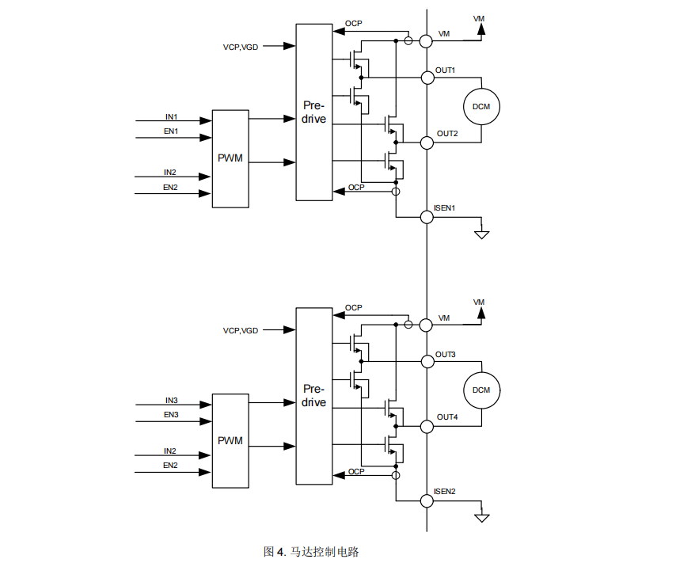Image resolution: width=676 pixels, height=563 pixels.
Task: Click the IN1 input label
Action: pos(171,117)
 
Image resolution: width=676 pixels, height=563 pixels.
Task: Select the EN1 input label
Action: pos(171,131)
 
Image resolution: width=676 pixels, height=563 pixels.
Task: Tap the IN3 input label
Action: pos(172,400)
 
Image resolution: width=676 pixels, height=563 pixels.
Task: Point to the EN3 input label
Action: pos(171,414)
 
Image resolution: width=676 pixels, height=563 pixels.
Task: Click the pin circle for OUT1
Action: pos(427,77)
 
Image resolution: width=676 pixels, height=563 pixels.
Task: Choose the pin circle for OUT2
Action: pos(427,143)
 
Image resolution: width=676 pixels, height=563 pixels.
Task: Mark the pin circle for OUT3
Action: pos(427,361)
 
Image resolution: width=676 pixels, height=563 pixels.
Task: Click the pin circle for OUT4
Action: pos(427,426)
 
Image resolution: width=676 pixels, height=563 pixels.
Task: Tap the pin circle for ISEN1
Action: pos(427,216)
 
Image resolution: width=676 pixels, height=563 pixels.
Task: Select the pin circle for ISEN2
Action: pos(427,500)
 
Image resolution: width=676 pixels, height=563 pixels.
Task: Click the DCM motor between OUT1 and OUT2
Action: pos(481,107)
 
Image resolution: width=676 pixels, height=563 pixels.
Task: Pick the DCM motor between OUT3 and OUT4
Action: pos(481,390)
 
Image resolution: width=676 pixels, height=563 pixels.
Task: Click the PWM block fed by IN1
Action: pos(230,158)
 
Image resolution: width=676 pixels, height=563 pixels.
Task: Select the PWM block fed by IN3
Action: pos(230,440)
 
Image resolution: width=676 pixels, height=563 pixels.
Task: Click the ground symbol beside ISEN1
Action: pos(481,234)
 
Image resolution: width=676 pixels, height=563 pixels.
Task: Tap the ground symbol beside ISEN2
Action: pos(481,518)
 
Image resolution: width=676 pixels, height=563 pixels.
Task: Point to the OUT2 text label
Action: pos(447,133)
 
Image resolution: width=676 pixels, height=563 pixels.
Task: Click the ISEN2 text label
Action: pos(445,491)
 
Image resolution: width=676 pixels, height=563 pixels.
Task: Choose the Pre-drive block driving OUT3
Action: pos(314,396)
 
